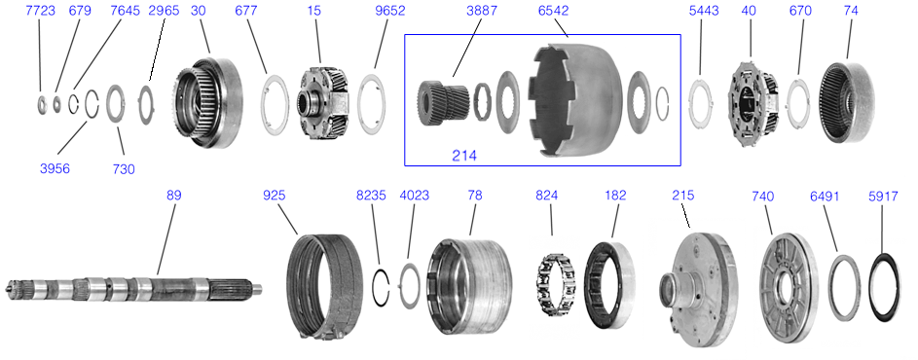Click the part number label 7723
point(41,11)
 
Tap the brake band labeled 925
point(324,287)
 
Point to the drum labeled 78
point(471,286)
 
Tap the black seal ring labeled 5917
point(884,287)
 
